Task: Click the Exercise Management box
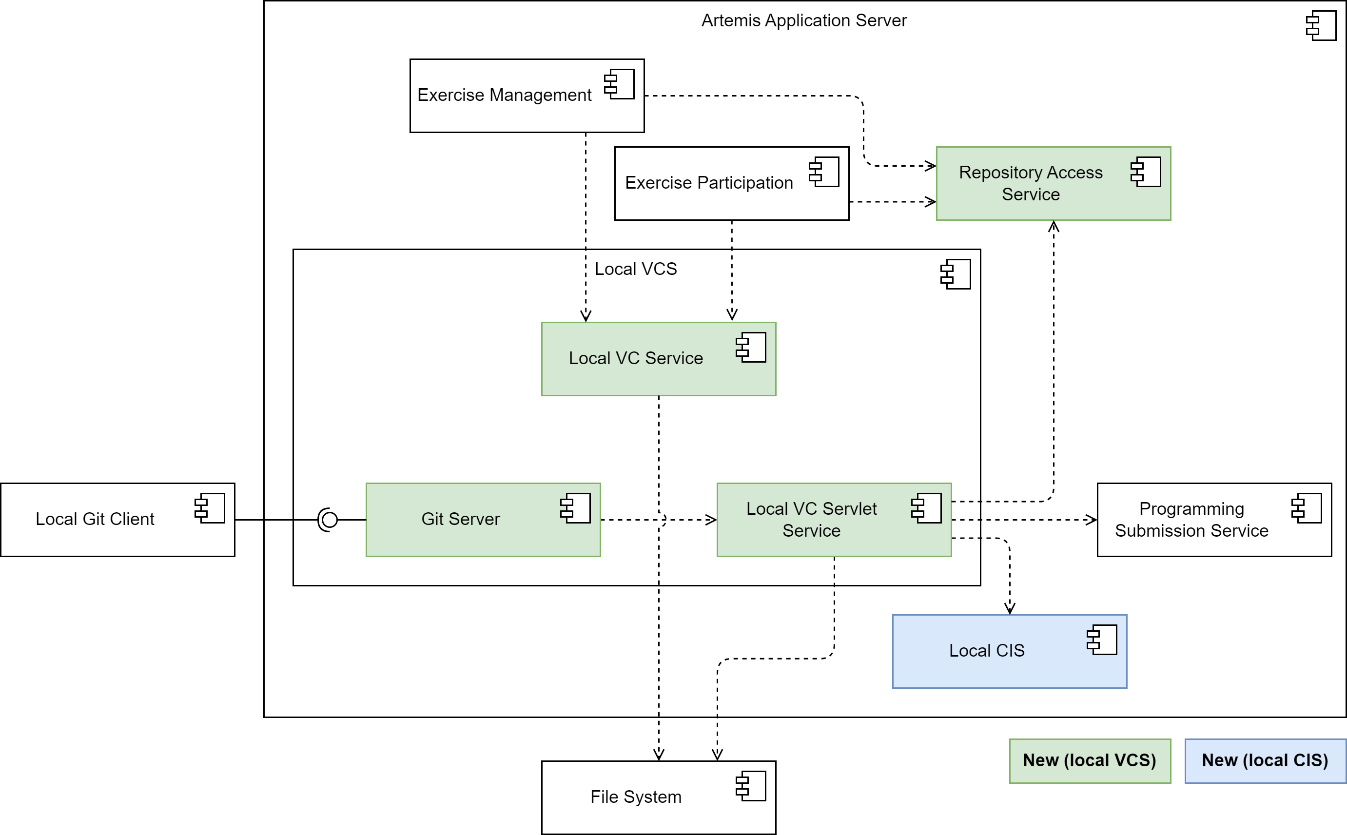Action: pyautogui.click(x=527, y=96)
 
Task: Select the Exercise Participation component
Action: pyautogui.click(x=731, y=183)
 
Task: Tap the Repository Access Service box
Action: pyautogui.click(x=1053, y=183)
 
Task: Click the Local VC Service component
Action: pyautogui.click(x=658, y=359)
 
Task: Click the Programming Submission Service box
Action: pyautogui.click(x=1213, y=520)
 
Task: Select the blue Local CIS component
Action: pyautogui.click(x=1009, y=651)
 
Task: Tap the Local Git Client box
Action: pyautogui.click(x=117, y=520)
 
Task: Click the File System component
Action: pyautogui.click(x=658, y=797)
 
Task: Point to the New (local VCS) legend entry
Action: pyautogui.click(x=1089, y=760)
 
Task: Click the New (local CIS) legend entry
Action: pyautogui.click(x=1265, y=760)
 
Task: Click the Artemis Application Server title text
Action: pyautogui.click(x=803, y=20)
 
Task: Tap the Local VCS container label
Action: pyautogui.click(x=635, y=269)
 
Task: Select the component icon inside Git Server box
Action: pyautogui.click(x=575, y=508)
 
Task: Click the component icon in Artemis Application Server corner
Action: pyautogui.click(x=1321, y=26)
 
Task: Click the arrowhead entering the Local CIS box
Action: pyautogui.click(x=1010, y=609)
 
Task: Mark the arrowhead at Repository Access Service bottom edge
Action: pyautogui.click(x=1053, y=226)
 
